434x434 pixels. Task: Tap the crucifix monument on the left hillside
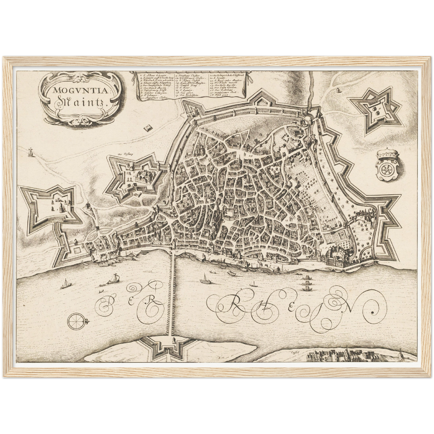tap(30, 152)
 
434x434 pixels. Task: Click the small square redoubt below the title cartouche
tap(147, 128)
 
